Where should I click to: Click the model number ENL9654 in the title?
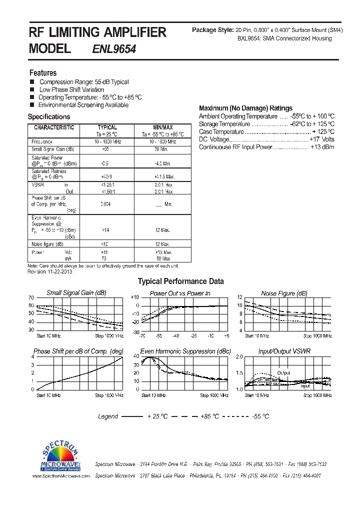point(114,49)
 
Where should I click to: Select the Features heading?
point(43,73)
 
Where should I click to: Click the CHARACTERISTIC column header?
point(53,128)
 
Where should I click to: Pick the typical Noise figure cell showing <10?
point(104,244)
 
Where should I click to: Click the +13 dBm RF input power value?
point(322,147)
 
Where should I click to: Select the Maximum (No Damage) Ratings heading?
point(245,108)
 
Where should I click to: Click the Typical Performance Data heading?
point(180,281)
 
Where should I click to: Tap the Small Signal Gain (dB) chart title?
point(76,293)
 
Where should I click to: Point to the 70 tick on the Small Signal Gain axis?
point(31,297)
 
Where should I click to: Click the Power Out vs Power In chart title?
point(180,293)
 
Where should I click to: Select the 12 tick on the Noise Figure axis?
point(239,297)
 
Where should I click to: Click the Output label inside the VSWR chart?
point(283,373)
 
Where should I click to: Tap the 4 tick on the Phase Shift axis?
point(32,356)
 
